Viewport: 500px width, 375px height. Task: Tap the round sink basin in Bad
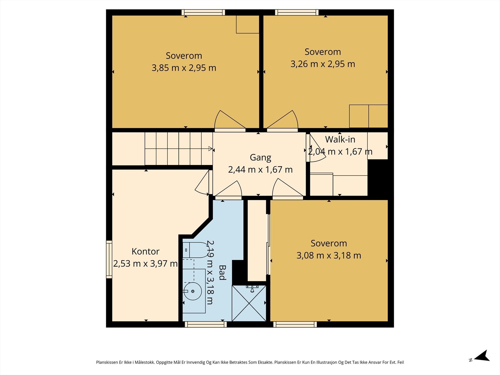point(193,291)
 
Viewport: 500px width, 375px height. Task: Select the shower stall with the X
point(249,303)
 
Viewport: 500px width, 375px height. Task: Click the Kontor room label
point(145,251)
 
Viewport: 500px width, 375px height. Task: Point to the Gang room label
point(260,157)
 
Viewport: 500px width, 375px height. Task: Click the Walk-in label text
point(340,139)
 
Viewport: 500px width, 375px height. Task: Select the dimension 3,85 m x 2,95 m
point(184,68)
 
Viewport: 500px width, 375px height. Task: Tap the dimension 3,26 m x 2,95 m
point(323,64)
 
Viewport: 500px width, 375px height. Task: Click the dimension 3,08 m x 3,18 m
point(329,255)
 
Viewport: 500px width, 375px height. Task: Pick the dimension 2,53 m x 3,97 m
point(145,264)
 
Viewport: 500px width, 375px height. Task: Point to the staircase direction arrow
point(210,149)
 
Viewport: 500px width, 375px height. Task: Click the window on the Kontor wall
point(109,259)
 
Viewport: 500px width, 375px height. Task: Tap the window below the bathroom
point(206,324)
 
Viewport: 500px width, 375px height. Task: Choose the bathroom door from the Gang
point(228,190)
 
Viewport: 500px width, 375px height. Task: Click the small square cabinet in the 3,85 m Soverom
point(247,24)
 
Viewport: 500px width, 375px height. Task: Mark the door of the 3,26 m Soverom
point(282,121)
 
